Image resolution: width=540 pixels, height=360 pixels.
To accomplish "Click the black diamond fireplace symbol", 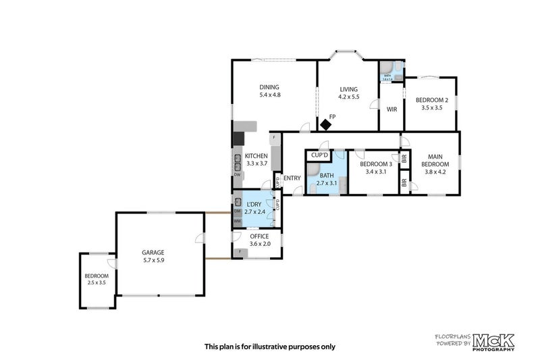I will [326, 124].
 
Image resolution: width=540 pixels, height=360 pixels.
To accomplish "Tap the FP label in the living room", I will [332, 116].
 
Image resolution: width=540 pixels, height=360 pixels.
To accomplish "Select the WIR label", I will [391, 109].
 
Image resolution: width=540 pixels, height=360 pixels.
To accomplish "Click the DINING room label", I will [269, 86].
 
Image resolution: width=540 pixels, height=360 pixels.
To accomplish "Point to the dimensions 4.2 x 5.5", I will [348, 97].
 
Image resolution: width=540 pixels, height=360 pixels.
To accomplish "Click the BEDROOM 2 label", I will [431, 100].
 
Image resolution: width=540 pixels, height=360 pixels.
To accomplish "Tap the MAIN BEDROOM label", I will [435, 160].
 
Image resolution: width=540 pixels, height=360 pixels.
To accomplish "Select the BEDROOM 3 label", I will [375, 164].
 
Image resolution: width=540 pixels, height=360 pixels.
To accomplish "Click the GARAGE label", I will [153, 252].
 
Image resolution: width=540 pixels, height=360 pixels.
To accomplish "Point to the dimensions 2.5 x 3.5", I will [97, 282].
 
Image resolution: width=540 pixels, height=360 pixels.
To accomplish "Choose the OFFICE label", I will [259, 236].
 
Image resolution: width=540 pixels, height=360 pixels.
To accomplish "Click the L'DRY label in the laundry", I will [254, 205].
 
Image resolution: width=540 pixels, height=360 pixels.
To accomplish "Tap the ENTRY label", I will [292, 178].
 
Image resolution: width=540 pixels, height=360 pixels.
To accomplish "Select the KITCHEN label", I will [256, 156].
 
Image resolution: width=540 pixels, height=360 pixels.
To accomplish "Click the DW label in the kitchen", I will [237, 175].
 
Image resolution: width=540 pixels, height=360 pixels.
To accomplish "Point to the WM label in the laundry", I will [237, 221].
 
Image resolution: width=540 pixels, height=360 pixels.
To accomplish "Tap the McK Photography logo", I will [493, 341].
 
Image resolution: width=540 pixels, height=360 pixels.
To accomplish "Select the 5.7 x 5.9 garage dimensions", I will [153, 260].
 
